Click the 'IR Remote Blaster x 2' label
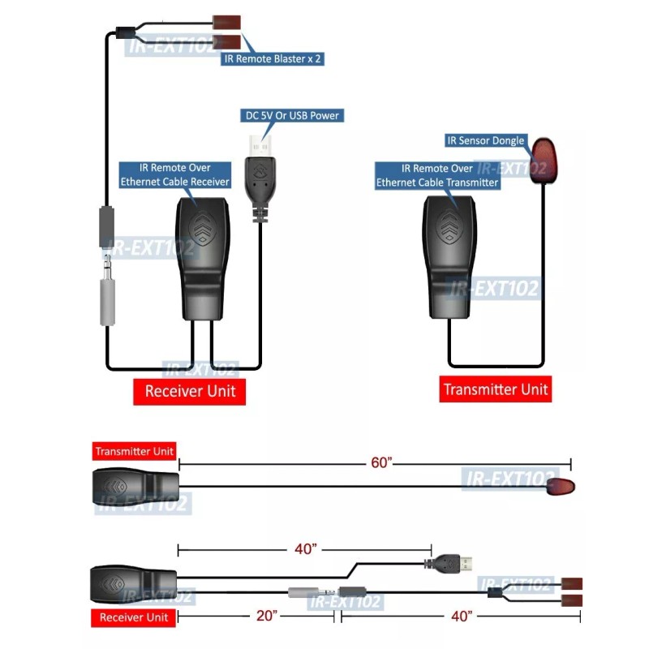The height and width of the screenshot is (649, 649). pyautogui.click(x=273, y=58)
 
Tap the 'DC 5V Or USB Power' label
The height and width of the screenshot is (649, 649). pyautogui.click(x=293, y=116)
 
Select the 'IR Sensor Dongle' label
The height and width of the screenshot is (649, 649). pyautogui.click(x=485, y=141)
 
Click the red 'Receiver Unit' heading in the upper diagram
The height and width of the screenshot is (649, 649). pyautogui.click(x=190, y=391)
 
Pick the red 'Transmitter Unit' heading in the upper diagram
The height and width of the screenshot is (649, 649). pyautogui.click(x=496, y=389)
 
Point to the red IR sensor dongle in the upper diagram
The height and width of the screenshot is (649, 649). pyautogui.click(x=541, y=159)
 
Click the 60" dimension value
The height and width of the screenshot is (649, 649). pyautogui.click(x=381, y=462)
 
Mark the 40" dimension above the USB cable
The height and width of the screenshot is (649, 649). pyautogui.click(x=305, y=550)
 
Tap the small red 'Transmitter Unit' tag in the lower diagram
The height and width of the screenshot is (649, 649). pyautogui.click(x=135, y=452)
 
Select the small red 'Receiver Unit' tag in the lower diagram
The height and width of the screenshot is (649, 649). pyautogui.click(x=134, y=618)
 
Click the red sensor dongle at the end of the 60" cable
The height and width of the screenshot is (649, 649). pyautogui.click(x=561, y=487)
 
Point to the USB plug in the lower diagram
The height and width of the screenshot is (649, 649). pyautogui.click(x=456, y=561)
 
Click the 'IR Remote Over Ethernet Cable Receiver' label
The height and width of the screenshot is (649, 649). pyautogui.click(x=175, y=175)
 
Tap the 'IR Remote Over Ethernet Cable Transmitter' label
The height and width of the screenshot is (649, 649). pyautogui.click(x=436, y=176)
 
